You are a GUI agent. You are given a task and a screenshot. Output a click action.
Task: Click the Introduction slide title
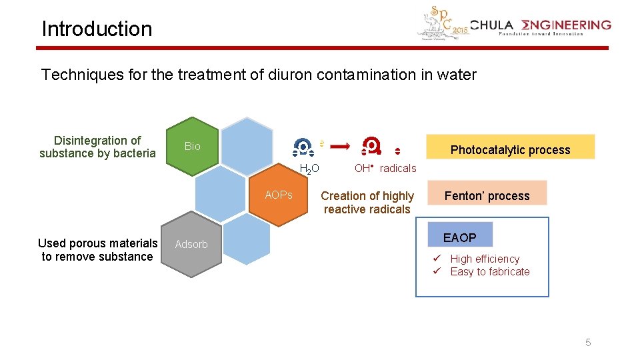(97, 29)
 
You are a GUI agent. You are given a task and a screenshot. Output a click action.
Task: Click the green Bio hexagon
(192, 147)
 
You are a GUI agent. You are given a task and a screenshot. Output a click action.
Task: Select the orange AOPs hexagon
(278, 195)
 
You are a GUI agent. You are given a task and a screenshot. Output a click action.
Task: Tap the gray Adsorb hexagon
(191, 244)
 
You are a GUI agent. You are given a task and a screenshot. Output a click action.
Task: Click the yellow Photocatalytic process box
(510, 149)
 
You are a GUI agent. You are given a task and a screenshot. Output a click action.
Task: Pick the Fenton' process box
(487, 195)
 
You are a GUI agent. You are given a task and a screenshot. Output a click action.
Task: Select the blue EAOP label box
(460, 237)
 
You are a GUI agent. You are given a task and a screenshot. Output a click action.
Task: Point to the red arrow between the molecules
(341, 145)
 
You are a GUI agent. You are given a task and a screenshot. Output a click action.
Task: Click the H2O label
(309, 169)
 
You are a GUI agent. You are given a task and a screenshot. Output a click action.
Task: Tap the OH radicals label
(385, 168)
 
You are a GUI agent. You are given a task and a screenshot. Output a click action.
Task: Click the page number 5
(588, 343)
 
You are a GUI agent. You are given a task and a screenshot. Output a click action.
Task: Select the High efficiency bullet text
(485, 259)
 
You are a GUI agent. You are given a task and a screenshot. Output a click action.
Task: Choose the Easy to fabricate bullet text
(490, 271)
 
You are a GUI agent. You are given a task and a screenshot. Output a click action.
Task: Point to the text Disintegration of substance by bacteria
(97, 147)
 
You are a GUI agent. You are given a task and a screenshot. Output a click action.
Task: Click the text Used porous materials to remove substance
(98, 250)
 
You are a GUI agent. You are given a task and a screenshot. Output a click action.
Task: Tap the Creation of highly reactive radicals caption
(367, 202)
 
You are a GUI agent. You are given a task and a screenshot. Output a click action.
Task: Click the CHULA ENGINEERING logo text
(540, 26)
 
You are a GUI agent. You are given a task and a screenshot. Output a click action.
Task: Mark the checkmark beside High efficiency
(437, 259)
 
